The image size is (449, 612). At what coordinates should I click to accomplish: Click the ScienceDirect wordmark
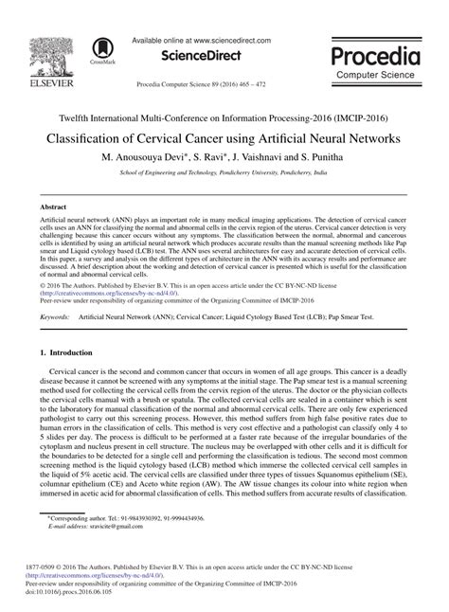(200, 57)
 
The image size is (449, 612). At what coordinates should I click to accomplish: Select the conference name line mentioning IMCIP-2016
(224, 117)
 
